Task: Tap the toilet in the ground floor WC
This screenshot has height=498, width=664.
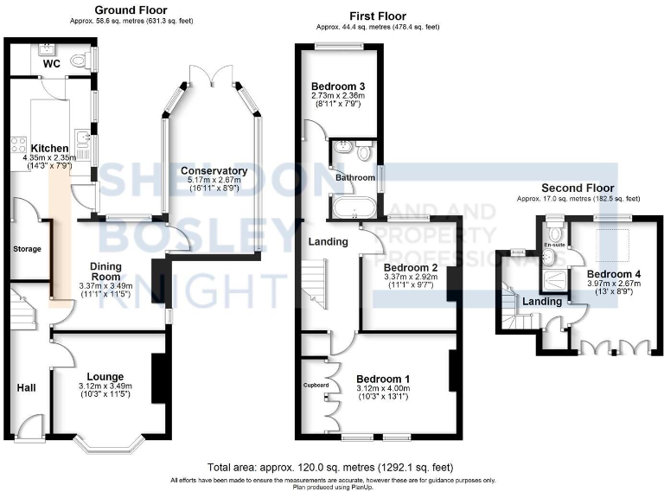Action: click(x=80, y=59)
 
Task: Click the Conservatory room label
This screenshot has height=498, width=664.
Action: click(x=214, y=171)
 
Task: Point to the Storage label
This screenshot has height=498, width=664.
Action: click(x=27, y=250)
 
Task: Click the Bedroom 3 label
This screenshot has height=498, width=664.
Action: click(x=338, y=86)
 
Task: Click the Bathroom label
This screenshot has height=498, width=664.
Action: click(x=353, y=178)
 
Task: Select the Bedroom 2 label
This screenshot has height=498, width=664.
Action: click(x=411, y=268)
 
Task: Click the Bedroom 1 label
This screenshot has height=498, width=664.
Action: click(x=381, y=380)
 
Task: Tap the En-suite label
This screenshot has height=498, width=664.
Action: click(x=553, y=245)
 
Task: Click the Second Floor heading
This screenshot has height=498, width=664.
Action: click(x=578, y=188)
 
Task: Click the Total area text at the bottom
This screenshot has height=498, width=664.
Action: click(x=331, y=468)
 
